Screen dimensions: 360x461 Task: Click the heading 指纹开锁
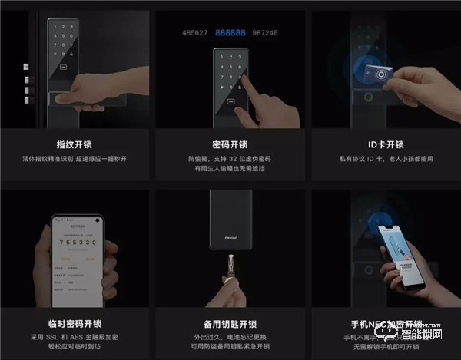pos(75,144)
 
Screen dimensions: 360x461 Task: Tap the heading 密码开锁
pos(230,144)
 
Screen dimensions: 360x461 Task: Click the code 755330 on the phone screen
pos(75,239)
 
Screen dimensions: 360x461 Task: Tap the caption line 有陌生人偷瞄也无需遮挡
pos(230,169)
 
